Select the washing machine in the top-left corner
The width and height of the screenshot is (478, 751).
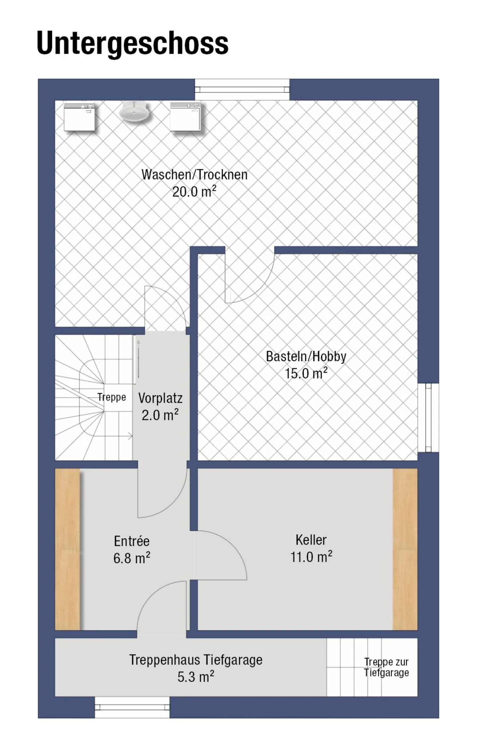[x=80, y=117]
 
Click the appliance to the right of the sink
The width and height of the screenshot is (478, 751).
[x=186, y=117]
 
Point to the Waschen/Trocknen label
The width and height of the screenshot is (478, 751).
[x=195, y=175]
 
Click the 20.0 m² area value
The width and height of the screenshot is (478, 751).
[x=194, y=191]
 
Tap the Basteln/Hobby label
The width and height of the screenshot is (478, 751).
[x=306, y=356]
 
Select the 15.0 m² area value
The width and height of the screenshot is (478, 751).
[x=306, y=373]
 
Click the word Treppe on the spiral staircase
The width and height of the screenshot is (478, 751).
[x=112, y=397]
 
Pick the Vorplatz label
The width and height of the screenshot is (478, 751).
[x=160, y=398]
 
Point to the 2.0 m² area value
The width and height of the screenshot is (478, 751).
[x=160, y=415]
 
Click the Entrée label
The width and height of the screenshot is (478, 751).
[x=132, y=541]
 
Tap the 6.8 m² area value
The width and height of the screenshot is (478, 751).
[x=132, y=558]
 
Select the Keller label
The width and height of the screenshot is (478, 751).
[x=311, y=540]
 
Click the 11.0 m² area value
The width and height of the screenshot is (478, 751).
[x=311, y=557]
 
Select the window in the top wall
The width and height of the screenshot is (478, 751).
[x=242, y=89]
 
